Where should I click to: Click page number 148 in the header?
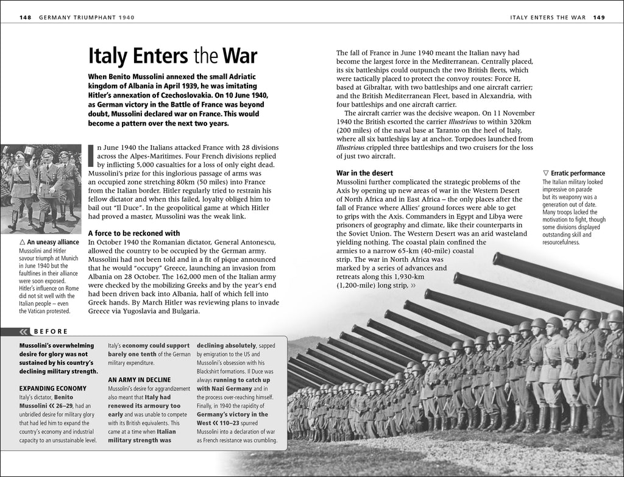pyautogui.click(x=25, y=18)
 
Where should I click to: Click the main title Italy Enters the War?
pyautogui.click(x=172, y=56)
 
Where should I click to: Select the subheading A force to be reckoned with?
pyautogui.click(x=134, y=233)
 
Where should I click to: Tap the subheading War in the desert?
pyautogui.click(x=364, y=173)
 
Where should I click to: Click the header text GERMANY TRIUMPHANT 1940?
pyautogui.click(x=85, y=18)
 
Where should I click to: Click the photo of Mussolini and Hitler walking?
pyautogui.click(x=41, y=189)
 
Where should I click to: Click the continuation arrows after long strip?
pyautogui.click(x=414, y=284)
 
